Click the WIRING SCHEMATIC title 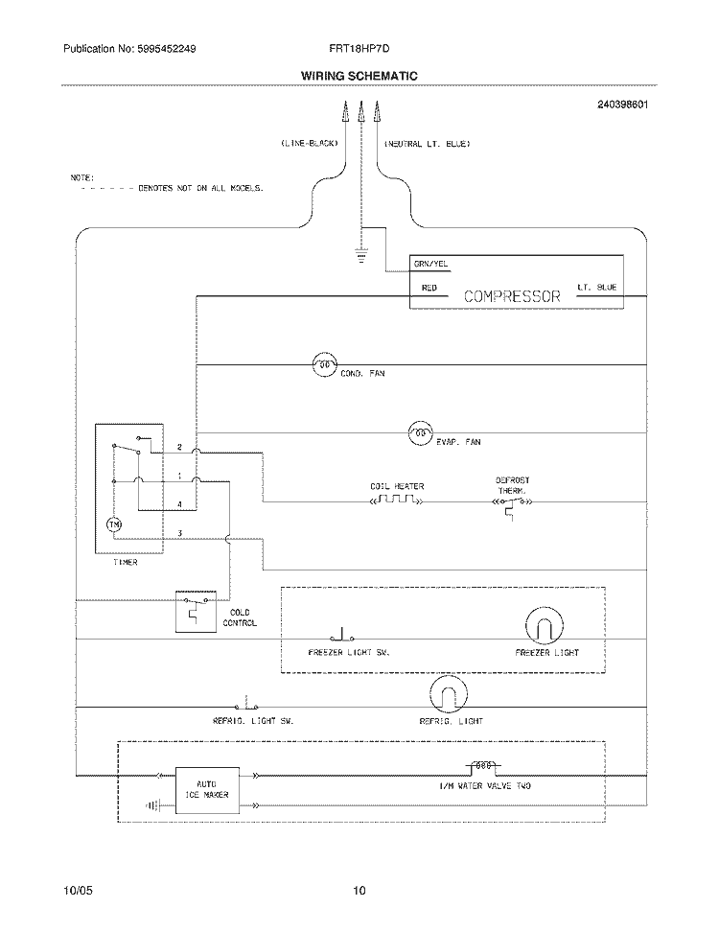pyautogui.click(x=359, y=75)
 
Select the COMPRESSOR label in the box pyautogui.click(x=512, y=296)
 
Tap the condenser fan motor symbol pyautogui.click(x=324, y=364)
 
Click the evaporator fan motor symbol pyautogui.click(x=420, y=433)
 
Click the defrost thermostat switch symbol pyautogui.click(x=512, y=502)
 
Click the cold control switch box pyautogui.click(x=196, y=611)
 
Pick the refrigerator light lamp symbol pyautogui.click(x=447, y=694)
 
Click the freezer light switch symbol pyautogui.click(x=342, y=636)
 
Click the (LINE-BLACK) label pyautogui.click(x=309, y=144)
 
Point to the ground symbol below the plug pyautogui.click(x=361, y=255)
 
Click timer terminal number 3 pyautogui.click(x=179, y=532)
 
